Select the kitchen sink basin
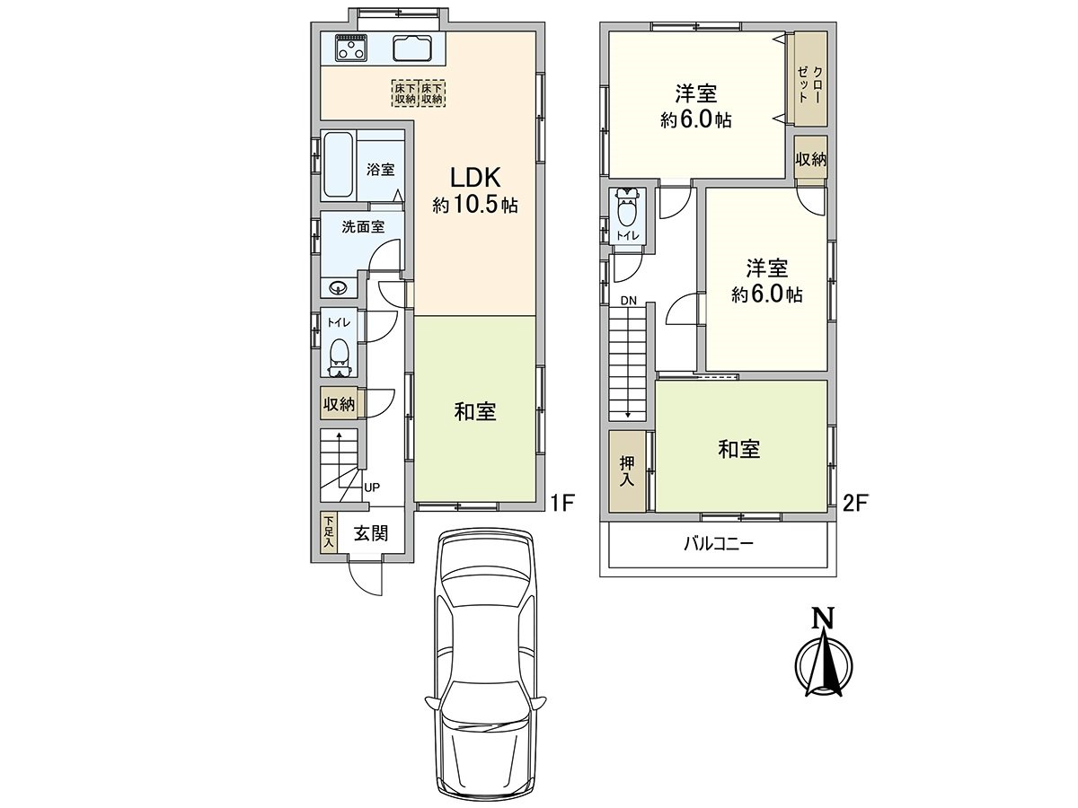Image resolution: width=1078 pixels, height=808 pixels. tap(412, 48)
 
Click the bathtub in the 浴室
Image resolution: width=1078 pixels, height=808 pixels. tap(339, 165)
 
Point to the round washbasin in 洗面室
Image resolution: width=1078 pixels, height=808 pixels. tap(339, 287)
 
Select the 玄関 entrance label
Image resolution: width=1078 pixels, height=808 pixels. tap(369, 533)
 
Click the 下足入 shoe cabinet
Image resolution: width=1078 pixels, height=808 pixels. tap(329, 532)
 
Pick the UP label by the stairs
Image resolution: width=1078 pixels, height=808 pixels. tap(372, 487)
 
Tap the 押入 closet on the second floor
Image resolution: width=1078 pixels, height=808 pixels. tap(626, 470)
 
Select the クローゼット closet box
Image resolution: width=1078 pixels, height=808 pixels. tap(808, 79)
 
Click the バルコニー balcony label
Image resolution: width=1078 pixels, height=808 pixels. tap(718, 544)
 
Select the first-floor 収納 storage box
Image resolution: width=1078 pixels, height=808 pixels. tap(340, 405)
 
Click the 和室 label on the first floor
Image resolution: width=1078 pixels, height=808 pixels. tap(475, 412)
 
